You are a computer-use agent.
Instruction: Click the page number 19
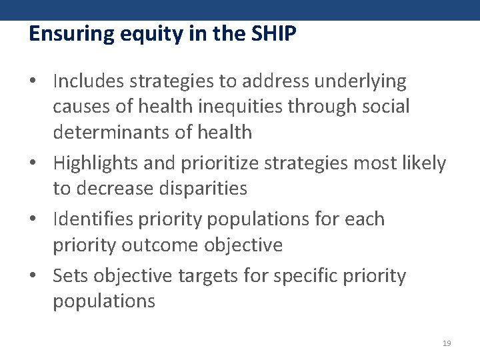coord(447,343)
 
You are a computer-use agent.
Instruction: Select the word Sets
coord(70,275)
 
